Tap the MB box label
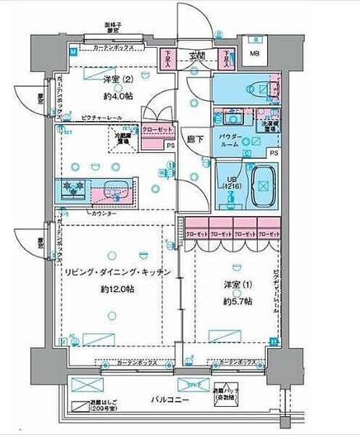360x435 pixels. (254, 54)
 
